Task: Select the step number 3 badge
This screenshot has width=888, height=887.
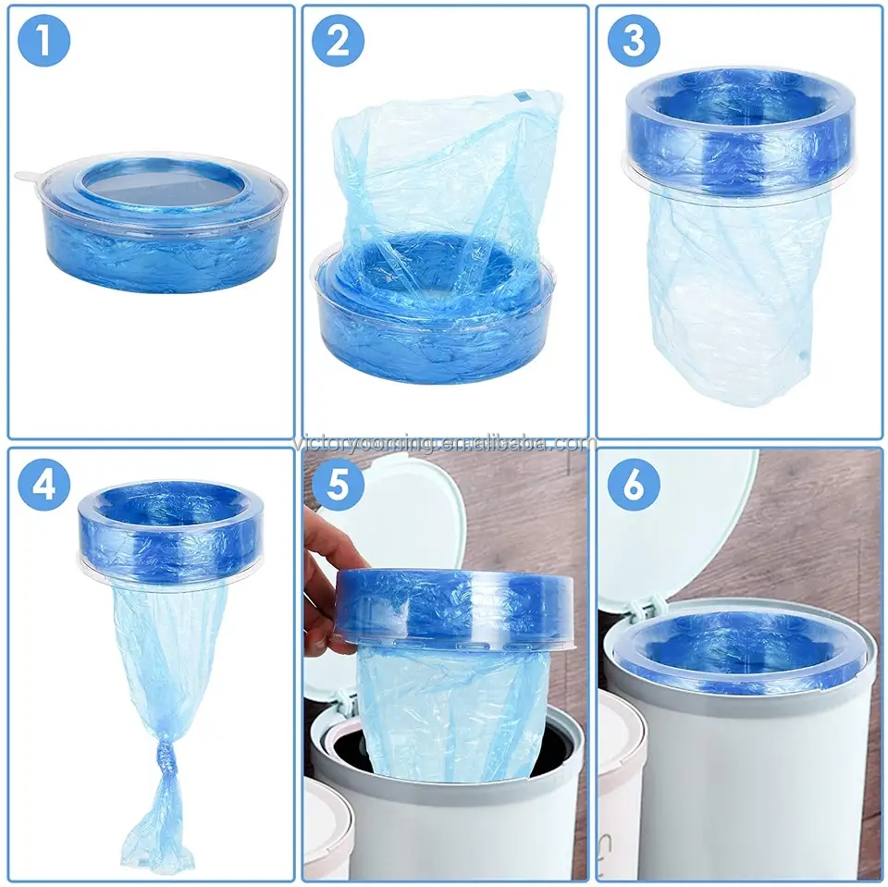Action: click(633, 43)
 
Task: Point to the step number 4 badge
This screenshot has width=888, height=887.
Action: click(43, 485)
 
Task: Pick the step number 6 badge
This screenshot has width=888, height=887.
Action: click(633, 485)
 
